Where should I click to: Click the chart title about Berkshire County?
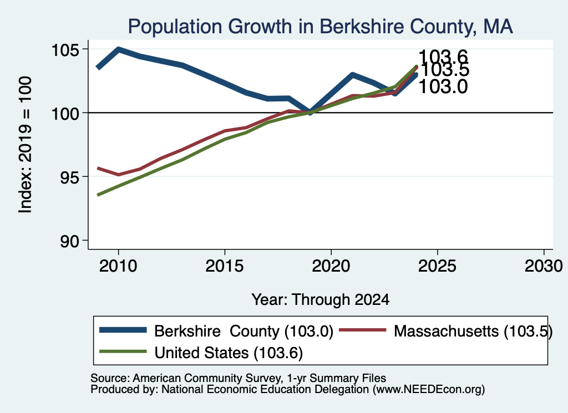320,27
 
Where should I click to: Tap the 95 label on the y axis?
69,177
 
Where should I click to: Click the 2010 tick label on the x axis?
118,266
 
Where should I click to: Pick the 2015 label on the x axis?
225,266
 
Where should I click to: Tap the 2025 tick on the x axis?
437,266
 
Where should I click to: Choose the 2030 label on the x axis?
544,266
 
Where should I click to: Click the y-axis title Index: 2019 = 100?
26,145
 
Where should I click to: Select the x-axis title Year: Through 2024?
321,300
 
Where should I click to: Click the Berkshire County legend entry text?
244,331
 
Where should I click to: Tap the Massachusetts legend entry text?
473,331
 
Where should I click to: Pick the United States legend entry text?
229,353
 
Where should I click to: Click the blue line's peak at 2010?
119,49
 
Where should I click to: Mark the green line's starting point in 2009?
98,195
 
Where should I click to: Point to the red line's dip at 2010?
119,175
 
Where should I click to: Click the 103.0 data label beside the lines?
443,87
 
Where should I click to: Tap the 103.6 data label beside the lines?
443,57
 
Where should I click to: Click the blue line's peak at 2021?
352,75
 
